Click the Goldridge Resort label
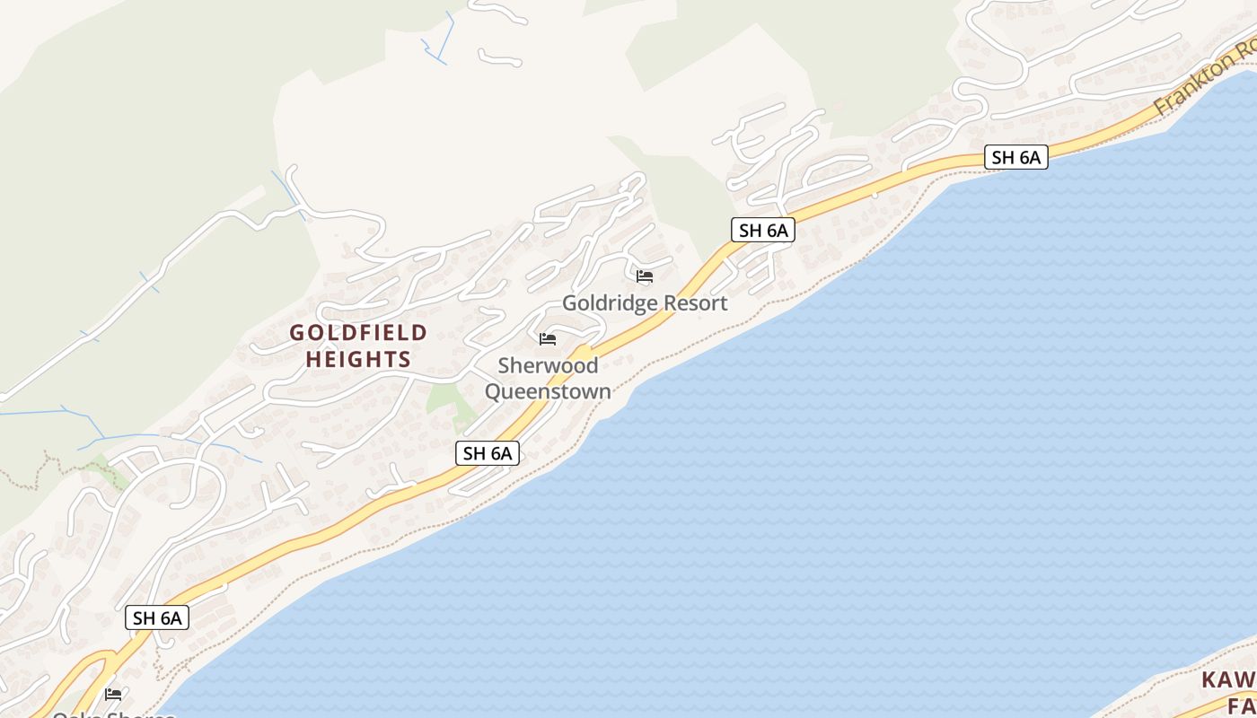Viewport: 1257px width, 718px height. click(645, 303)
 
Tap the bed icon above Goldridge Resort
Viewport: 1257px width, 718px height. click(645, 276)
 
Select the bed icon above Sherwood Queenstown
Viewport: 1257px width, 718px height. click(548, 338)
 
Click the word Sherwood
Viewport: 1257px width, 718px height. click(548, 366)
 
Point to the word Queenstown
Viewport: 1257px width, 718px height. click(548, 391)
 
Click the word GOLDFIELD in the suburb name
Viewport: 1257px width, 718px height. click(358, 333)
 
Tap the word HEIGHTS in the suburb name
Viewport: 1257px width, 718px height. click(358, 360)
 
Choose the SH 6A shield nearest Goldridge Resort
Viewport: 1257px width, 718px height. click(763, 230)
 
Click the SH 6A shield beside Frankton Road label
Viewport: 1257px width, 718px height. click(1015, 157)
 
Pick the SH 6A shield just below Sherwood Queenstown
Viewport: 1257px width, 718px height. click(488, 453)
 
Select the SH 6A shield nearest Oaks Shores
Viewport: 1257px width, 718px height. click(157, 617)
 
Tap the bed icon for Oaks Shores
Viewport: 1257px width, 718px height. click(113, 694)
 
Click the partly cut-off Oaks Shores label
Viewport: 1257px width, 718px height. click(113, 714)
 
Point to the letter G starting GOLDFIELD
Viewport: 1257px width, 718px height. click(297, 333)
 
